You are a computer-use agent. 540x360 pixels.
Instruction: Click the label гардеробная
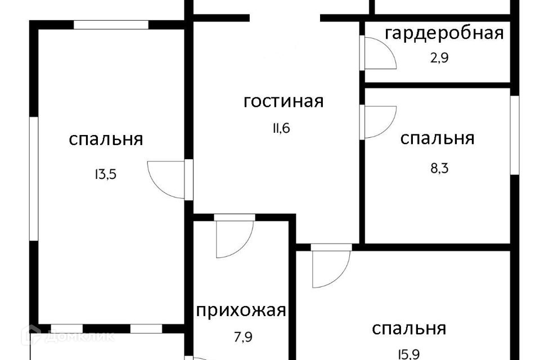[443, 33]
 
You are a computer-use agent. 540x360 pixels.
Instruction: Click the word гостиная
[283, 102]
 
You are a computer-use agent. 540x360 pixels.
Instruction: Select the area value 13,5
[106, 174]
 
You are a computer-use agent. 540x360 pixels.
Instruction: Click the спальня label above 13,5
[106, 139]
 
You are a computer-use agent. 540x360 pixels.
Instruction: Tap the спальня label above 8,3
[437, 138]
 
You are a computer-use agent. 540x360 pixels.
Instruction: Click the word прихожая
[241, 310]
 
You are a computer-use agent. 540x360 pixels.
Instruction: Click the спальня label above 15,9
[409, 328]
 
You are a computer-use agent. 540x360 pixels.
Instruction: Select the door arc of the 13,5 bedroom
[166, 179]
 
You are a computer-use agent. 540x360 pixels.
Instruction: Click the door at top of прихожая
[235, 236]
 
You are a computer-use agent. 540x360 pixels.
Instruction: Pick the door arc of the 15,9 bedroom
[331, 267]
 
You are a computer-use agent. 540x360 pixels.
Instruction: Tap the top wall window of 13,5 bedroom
[111, 25]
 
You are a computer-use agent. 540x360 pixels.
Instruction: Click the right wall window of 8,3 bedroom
[514, 135]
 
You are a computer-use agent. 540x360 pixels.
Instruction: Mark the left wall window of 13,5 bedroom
[34, 179]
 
